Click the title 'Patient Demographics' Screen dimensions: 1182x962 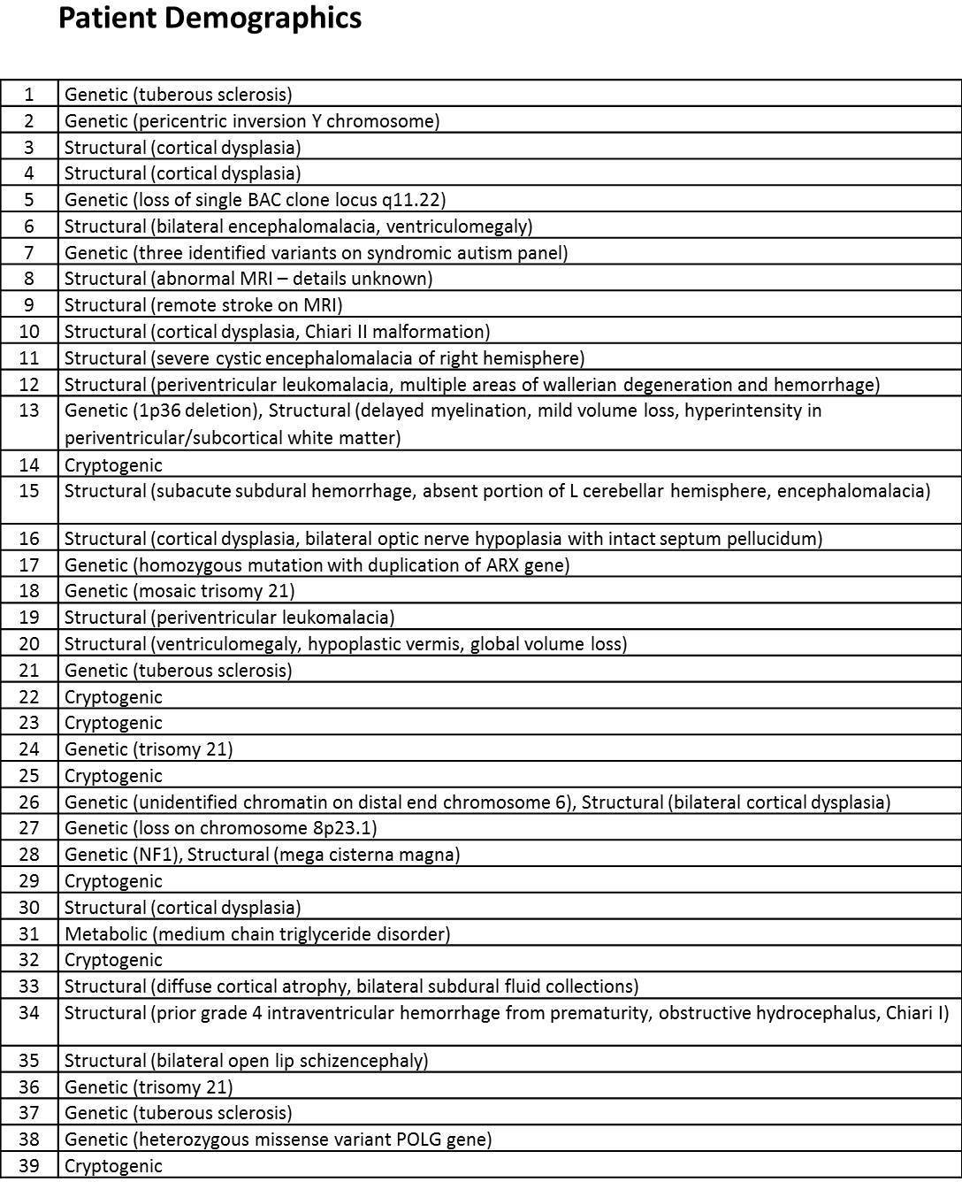tap(210, 19)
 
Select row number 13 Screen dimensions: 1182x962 tap(29, 411)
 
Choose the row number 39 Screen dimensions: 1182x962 tap(29, 1165)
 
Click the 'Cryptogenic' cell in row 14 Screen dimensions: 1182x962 tap(113, 465)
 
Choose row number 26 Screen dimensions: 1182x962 tap(29, 802)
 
